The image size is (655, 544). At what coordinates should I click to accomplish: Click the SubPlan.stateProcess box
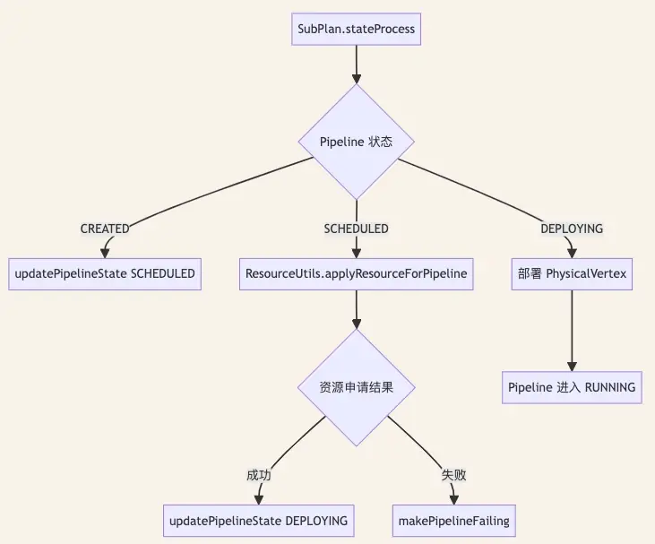(x=356, y=29)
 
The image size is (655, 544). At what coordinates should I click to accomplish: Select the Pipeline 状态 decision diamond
(x=357, y=142)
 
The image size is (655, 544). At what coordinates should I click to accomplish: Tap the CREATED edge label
(x=105, y=229)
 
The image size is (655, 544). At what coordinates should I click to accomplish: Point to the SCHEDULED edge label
(x=357, y=229)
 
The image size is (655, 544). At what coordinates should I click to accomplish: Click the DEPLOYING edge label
(x=572, y=229)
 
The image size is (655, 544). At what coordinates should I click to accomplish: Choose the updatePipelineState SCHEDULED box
(x=105, y=274)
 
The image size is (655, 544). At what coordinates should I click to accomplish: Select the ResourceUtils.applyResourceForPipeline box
(x=357, y=274)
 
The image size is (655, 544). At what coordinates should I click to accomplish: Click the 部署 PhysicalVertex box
(x=572, y=274)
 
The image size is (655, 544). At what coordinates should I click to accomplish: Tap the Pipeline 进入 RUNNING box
(x=572, y=387)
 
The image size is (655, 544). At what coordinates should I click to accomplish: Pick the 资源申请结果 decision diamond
(x=357, y=387)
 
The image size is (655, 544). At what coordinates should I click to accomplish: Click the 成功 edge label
(x=259, y=475)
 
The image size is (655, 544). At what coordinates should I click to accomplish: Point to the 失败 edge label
(x=454, y=475)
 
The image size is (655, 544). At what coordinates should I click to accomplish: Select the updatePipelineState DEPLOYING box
(x=259, y=521)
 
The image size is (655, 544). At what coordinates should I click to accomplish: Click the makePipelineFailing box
(x=454, y=521)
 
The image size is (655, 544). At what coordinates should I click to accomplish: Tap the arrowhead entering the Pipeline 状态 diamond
(x=357, y=79)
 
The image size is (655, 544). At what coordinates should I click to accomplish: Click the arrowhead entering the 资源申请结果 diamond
(x=357, y=324)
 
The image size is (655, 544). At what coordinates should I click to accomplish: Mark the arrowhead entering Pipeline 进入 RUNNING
(x=572, y=367)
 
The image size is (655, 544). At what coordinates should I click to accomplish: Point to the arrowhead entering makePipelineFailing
(x=454, y=500)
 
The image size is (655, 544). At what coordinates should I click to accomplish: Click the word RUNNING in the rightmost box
(x=610, y=387)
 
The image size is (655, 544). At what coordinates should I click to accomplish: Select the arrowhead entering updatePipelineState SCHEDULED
(x=105, y=254)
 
